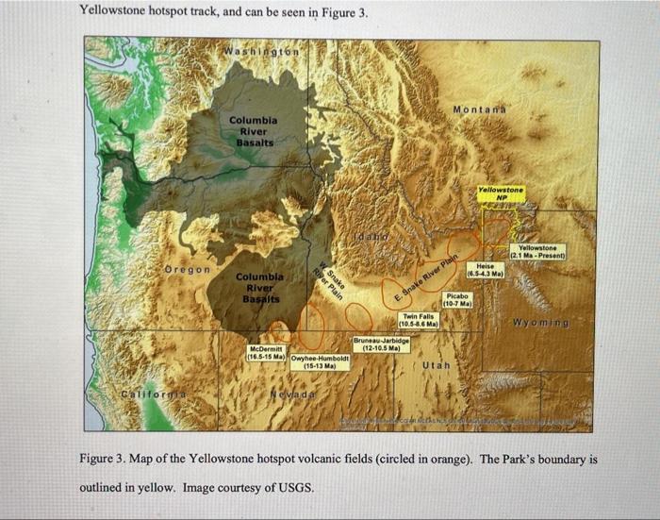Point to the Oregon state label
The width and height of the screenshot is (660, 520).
tap(188, 271)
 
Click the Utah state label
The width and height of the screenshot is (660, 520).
tap(437, 364)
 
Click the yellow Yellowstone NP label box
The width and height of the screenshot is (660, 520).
tap(501, 193)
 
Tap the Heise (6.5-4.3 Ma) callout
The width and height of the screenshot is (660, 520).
tap(490, 270)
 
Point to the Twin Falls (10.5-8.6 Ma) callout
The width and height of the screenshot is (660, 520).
tap(418, 320)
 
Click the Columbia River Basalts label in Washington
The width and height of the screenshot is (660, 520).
tap(252, 132)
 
